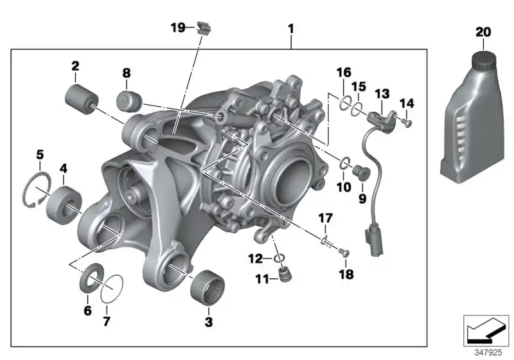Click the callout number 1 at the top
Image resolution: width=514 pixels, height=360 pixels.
coord(291,29)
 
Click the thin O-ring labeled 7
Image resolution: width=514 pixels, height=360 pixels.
coord(112,287)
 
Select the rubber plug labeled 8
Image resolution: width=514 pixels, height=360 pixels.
coord(128,101)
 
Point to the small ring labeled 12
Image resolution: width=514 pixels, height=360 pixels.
coord(279,258)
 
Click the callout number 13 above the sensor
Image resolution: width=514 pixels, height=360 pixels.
coord(382,94)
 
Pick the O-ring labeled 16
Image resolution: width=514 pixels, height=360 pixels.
coord(346,102)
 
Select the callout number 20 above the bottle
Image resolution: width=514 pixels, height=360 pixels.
coord(482,32)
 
